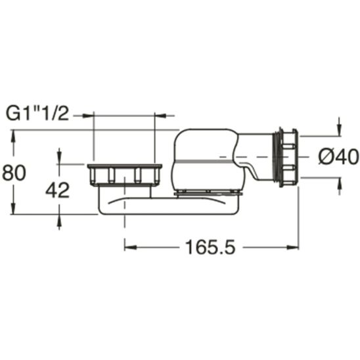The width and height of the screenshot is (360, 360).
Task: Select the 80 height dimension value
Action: click(x=14, y=173)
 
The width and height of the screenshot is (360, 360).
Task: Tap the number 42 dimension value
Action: click(x=58, y=190)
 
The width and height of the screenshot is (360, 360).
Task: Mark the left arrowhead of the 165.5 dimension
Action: click(x=129, y=248)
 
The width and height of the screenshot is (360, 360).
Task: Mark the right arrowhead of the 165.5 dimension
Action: click(x=296, y=248)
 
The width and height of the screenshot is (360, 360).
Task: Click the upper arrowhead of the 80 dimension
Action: click(x=12, y=135)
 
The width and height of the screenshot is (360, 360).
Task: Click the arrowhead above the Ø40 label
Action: click(x=339, y=127)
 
